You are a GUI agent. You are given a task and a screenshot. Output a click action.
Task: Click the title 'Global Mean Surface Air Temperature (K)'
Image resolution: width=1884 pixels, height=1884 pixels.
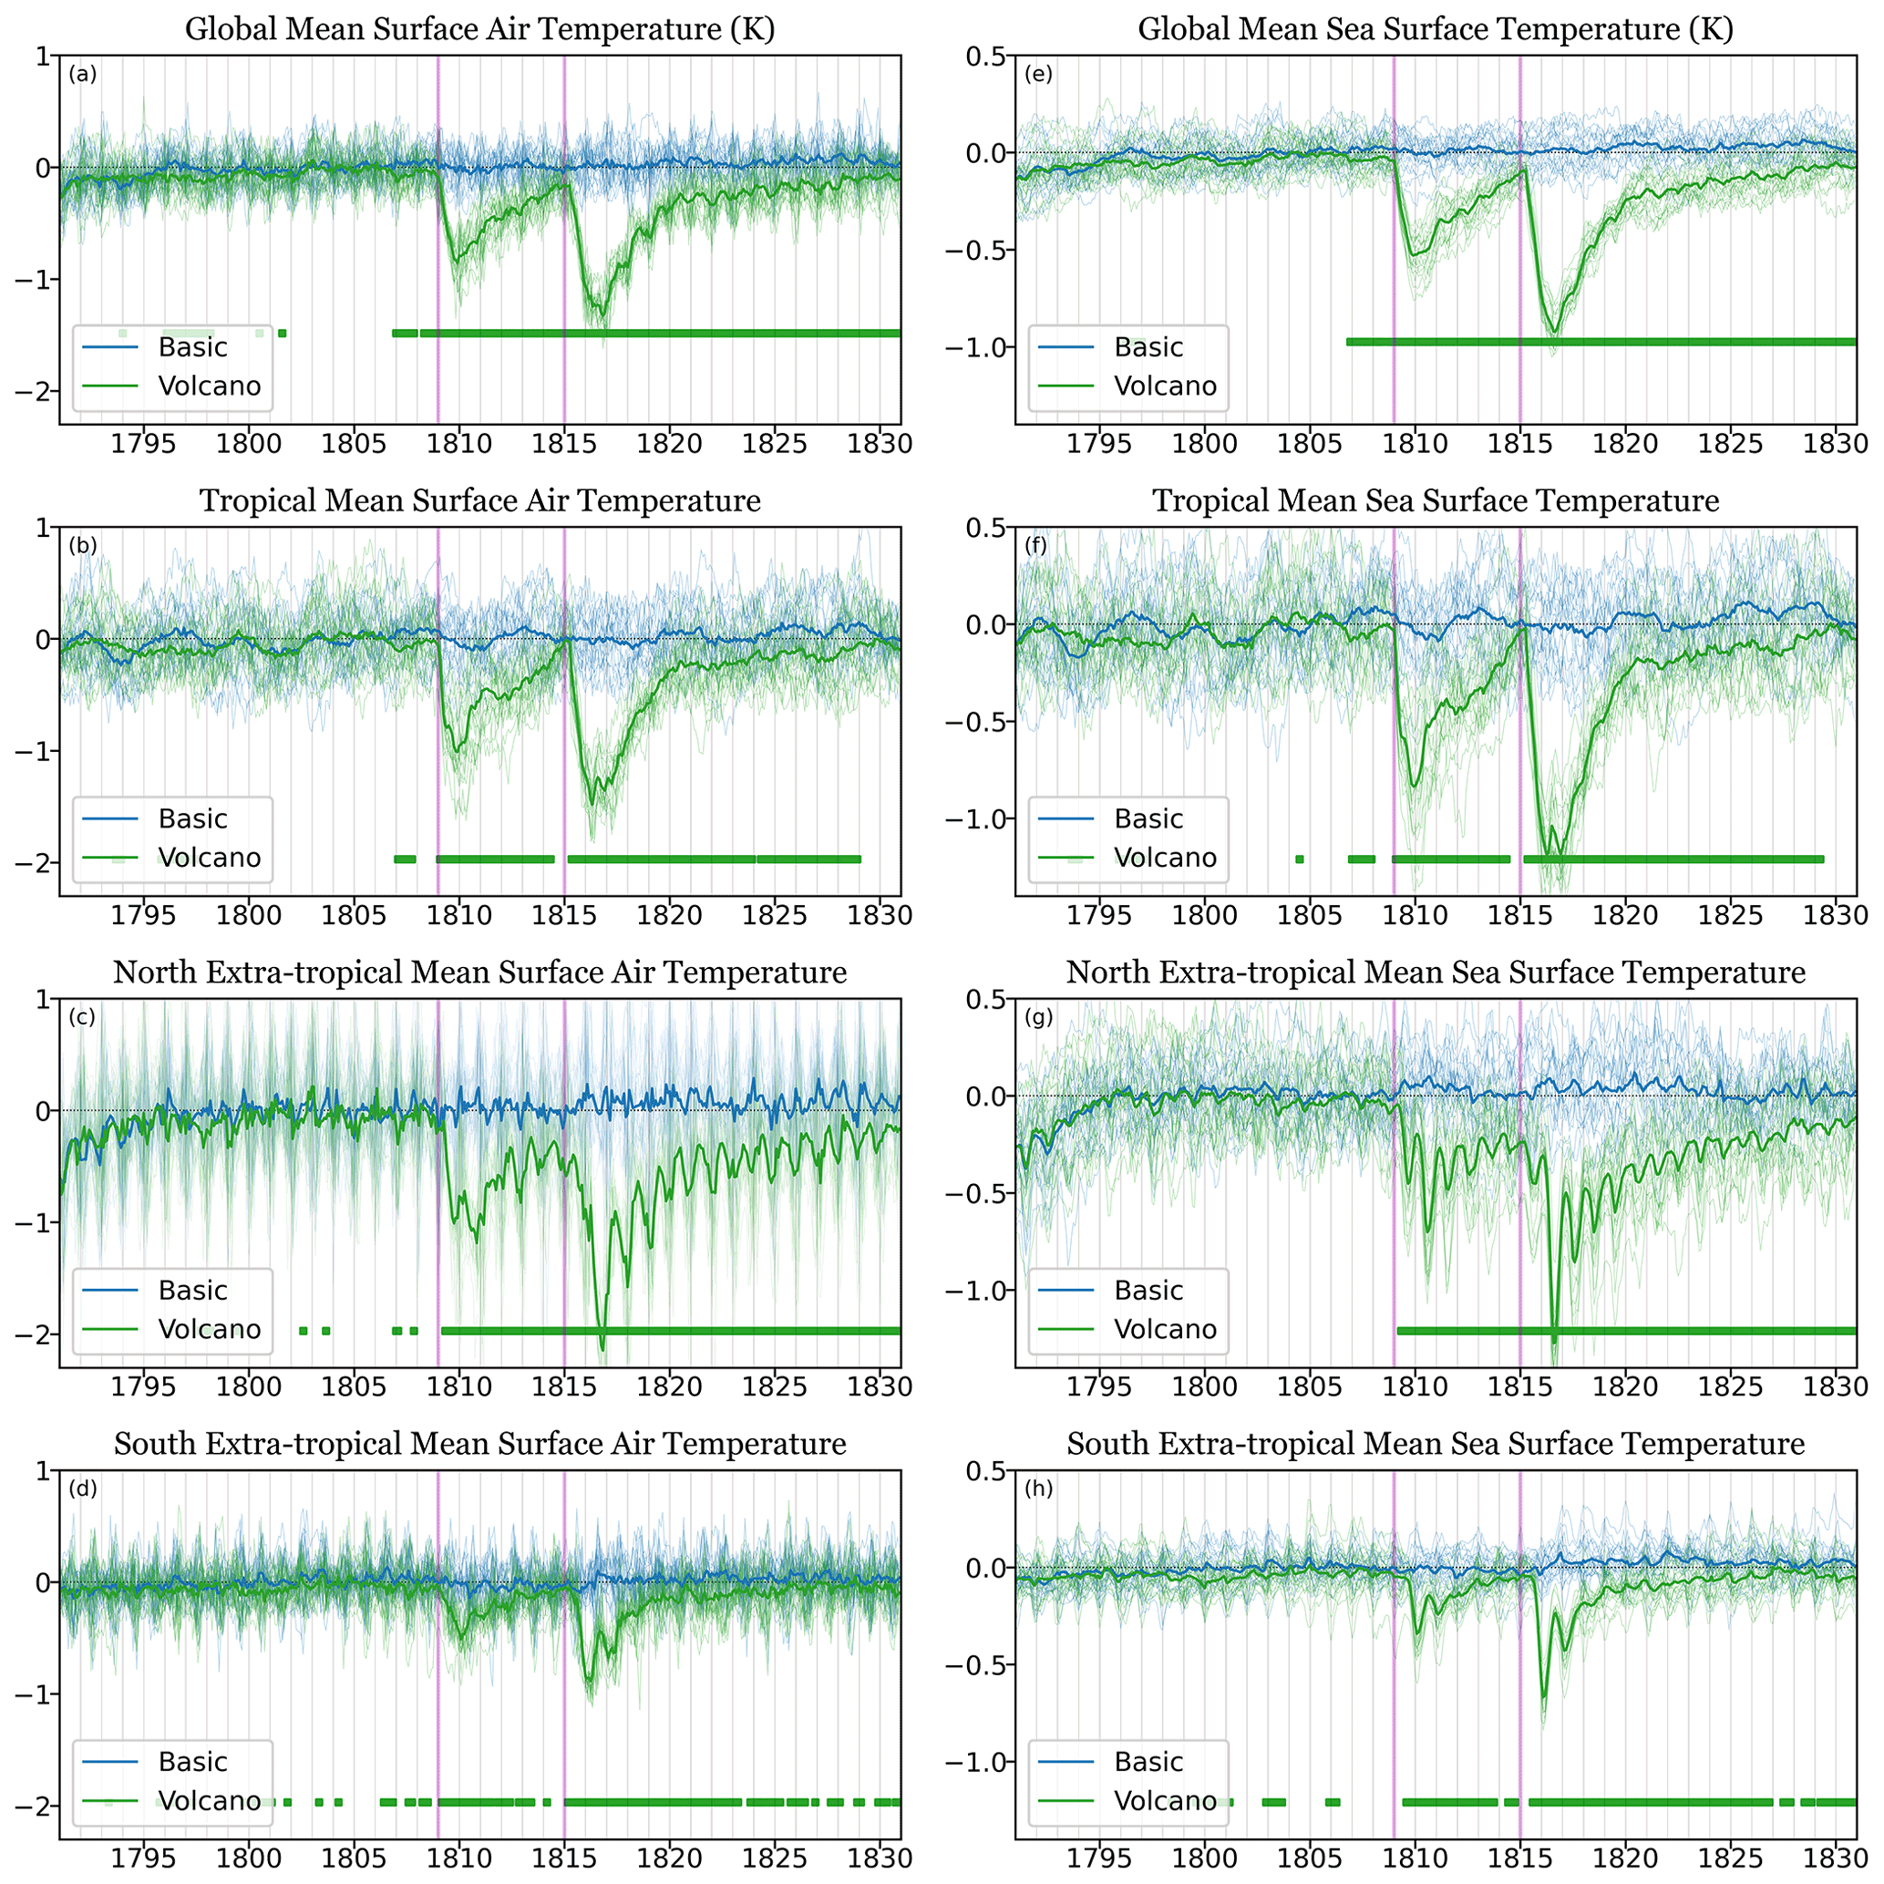tap(479, 29)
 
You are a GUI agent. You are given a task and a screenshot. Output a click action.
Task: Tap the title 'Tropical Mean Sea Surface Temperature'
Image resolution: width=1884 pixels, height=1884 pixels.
tap(1436, 501)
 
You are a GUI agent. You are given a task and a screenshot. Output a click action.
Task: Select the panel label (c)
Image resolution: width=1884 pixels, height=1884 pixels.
tap(82, 1018)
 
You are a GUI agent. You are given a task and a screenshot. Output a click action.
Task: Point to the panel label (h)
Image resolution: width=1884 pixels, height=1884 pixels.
tap(1038, 1489)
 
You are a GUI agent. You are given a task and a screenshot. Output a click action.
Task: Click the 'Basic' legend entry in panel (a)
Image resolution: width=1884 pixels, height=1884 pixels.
tap(193, 347)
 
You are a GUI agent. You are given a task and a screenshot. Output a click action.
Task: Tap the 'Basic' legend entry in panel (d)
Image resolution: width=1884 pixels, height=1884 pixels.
tap(193, 1761)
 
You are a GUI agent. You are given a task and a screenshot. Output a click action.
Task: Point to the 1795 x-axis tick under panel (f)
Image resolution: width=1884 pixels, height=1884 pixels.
tap(1099, 916)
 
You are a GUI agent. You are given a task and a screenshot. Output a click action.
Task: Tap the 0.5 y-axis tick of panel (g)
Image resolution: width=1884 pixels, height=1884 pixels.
tap(985, 1000)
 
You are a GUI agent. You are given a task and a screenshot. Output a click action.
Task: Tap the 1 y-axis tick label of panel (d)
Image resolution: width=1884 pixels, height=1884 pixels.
tap(43, 1470)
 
